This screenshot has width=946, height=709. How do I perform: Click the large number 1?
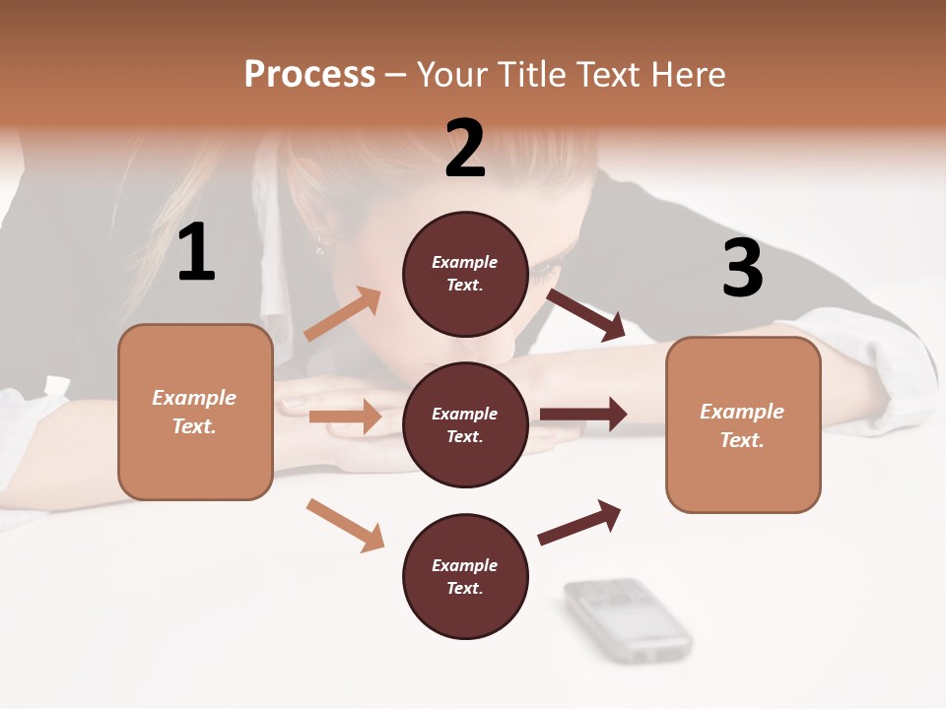[197, 253]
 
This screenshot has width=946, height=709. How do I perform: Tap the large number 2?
[465, 149]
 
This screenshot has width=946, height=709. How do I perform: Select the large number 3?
[742, 269]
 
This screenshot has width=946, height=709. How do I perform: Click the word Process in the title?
[309, 74]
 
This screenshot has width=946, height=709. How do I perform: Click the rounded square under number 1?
[195, 412]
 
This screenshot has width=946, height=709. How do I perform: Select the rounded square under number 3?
[743, 425]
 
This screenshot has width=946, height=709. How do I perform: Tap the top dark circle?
[465, 274]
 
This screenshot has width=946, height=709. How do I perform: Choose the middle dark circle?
[465, 424]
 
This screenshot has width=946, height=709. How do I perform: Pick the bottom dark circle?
[465, 576]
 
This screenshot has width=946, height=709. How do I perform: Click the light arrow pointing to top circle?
[343, 314]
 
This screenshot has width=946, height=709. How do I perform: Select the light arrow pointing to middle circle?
[345, 417]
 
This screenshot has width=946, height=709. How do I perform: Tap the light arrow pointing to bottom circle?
[345, 524]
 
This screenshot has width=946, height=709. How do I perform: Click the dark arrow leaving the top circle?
[586, 315]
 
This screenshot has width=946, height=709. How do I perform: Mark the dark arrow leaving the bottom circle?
[579, 523]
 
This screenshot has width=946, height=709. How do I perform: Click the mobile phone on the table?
[629, 618]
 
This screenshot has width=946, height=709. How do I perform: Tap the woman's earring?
[320, 243]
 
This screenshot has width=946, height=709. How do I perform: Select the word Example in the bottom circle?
[465, 565]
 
